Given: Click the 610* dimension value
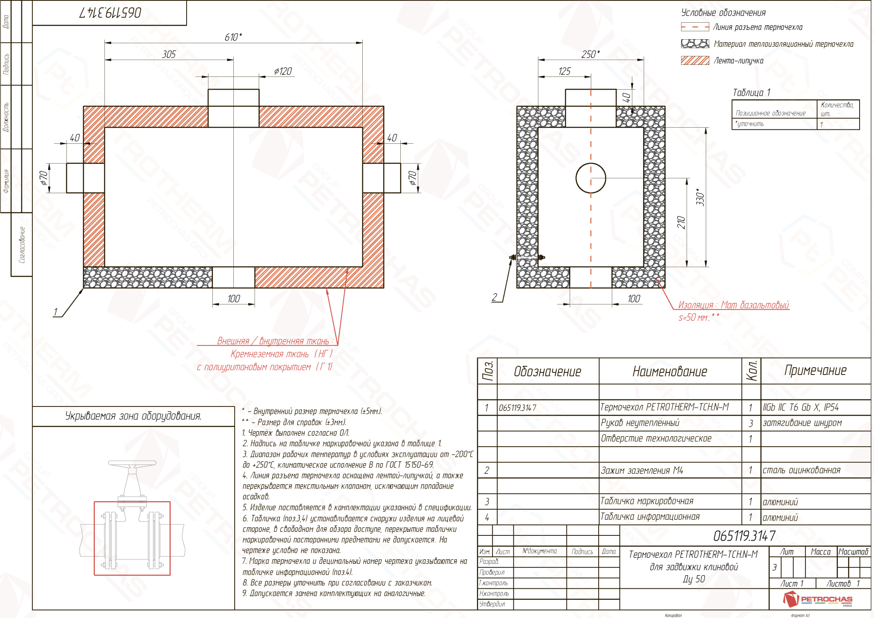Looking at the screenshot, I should point(233,37).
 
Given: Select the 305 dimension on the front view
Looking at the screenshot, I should point(169,54).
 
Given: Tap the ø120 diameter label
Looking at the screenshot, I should point(283,71).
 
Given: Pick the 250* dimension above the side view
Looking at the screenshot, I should point(590,54).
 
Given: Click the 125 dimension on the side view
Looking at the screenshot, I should point(564,71).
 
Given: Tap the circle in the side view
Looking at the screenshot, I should point(590,178).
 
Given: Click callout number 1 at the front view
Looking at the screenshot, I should point(55,312).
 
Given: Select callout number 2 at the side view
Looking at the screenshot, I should point(494,297).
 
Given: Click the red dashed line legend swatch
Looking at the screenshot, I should point(695,27).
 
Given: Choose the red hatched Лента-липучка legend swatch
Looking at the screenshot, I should point(695,60).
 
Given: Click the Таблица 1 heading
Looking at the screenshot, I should point(751,93).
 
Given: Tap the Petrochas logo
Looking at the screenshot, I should point(817,599).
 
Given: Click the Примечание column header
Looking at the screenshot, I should point(815,371).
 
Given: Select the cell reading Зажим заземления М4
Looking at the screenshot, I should point(642,470).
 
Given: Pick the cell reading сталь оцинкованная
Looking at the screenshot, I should point(801,470).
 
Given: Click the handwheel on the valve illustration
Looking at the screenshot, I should point(132,463).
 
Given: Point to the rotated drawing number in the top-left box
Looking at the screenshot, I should point(110,13).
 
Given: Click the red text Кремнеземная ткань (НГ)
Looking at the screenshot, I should point(281,354).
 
